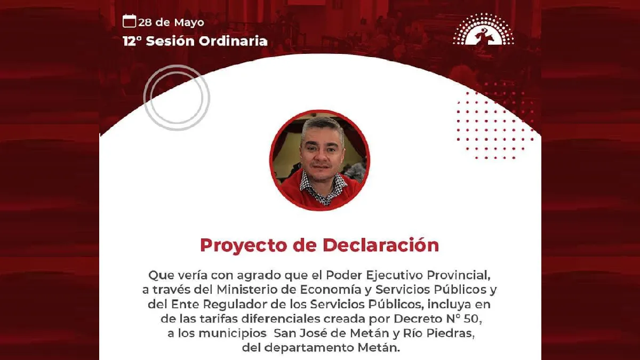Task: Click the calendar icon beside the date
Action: click(x=129, y=21)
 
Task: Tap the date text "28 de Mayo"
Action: click(x=171, y=22)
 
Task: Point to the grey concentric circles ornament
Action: click(x=176, y=98)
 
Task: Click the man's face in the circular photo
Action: click(x=322, y=152)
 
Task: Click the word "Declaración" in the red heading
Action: click(x=380, y=245)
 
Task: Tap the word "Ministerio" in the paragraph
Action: click(x=251, y=290)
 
